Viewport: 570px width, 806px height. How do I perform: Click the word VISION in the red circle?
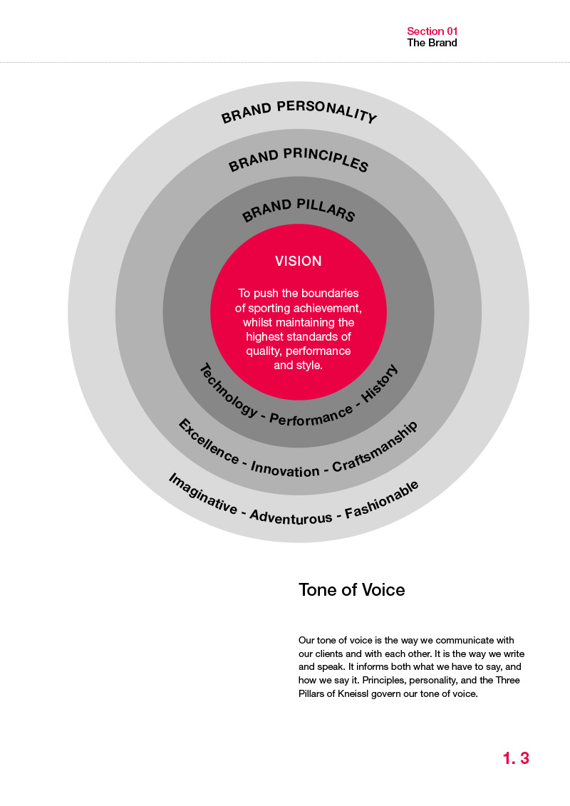point(299,261)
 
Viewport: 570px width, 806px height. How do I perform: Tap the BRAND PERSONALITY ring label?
point(299,112)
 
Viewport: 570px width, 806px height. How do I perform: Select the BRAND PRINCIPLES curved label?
point(299,160)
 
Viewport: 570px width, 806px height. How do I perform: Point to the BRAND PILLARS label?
point(299,210)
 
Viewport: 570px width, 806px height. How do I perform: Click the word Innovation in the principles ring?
point(285,470)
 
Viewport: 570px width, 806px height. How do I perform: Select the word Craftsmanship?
point(375,447)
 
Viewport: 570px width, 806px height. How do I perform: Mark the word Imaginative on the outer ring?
point(203,494)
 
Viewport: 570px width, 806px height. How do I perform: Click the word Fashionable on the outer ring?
point(381,499)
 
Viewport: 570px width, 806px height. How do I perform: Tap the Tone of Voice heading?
point(351,590)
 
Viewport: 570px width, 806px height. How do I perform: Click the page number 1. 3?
point(516,758)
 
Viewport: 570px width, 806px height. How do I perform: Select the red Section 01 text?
point(432,31)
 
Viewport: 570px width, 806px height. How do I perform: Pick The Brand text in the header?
point(432,43)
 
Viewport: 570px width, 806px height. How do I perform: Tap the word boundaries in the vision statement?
point(328,294)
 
